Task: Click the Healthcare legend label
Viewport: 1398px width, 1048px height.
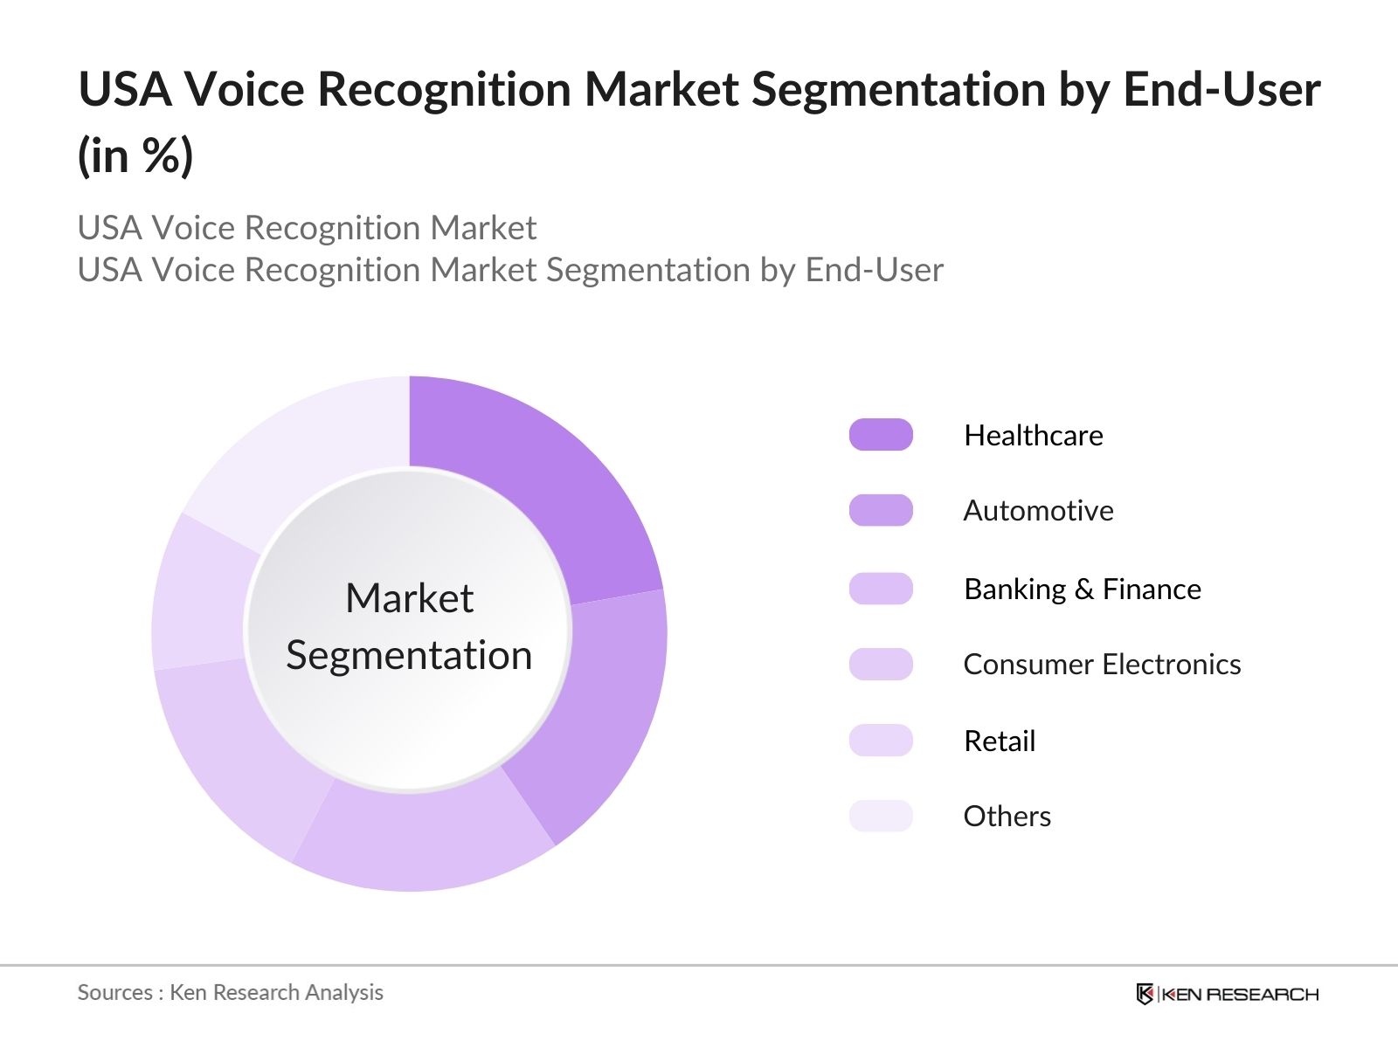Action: pos(1033,435)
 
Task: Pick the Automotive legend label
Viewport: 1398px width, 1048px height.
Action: pos(1038,511)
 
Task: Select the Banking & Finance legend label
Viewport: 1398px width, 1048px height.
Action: pos(1082,589)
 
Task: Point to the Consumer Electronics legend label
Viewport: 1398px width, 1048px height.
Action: pos(1101,665)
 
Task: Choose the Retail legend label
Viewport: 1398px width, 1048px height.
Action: pos(999,741)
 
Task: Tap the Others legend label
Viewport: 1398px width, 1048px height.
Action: pos(1007,817)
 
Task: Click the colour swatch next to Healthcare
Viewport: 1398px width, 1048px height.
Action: pos(881,435)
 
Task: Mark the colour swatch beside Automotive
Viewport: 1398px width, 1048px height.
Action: pos(881,511)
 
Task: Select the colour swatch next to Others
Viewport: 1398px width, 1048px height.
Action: pos(881,817)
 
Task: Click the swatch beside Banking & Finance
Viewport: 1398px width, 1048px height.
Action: pos(881,589)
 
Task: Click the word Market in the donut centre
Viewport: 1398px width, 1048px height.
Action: pos(409,599)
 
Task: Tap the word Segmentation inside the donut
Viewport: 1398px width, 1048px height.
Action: pos(409,655)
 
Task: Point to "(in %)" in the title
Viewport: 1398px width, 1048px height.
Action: pos(135,157)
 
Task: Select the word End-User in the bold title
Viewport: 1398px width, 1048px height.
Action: pos(1222,89)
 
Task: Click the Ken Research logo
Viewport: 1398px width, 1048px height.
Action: pos(1227,994)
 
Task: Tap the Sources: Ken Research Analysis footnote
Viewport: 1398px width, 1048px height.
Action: pos(230,992)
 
